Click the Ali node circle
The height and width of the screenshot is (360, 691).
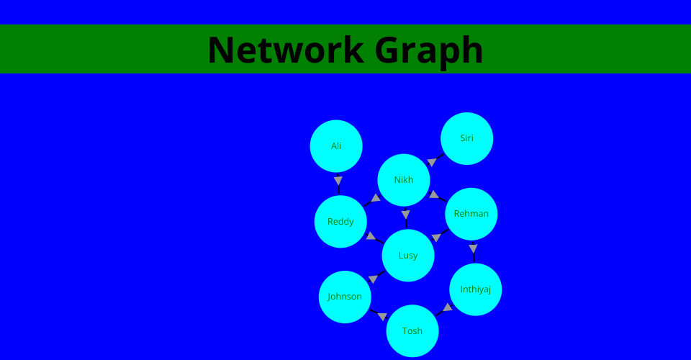click(336, 146)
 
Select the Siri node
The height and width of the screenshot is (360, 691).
click(466, 138)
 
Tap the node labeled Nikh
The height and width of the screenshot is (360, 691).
click(404, 180)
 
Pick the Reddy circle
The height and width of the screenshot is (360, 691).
click(340, 221)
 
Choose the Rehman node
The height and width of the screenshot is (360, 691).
click(471, 214)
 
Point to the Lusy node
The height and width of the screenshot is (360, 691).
click(408, 255)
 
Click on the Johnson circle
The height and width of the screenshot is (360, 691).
click(345, 297)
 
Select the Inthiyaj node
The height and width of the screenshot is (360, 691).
click(476, 289)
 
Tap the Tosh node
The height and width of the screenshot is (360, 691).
click(412, 330)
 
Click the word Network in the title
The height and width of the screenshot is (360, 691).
click(286, 50)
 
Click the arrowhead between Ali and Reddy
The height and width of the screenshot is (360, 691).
click(338, 181)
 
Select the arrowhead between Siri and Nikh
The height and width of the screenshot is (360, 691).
click(432, 162)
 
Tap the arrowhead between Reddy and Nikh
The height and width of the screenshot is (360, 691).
click(376, 198)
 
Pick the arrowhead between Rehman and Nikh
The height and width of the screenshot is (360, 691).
click(433, 194)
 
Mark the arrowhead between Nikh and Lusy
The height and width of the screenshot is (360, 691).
click(405, 215)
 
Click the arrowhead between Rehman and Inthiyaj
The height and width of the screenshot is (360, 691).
click(473, 248)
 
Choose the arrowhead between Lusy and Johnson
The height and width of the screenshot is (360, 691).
click(374, 279)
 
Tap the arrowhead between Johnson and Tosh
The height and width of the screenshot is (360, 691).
click(382, 316)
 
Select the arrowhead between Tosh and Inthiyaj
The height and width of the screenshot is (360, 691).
click(448, 307)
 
